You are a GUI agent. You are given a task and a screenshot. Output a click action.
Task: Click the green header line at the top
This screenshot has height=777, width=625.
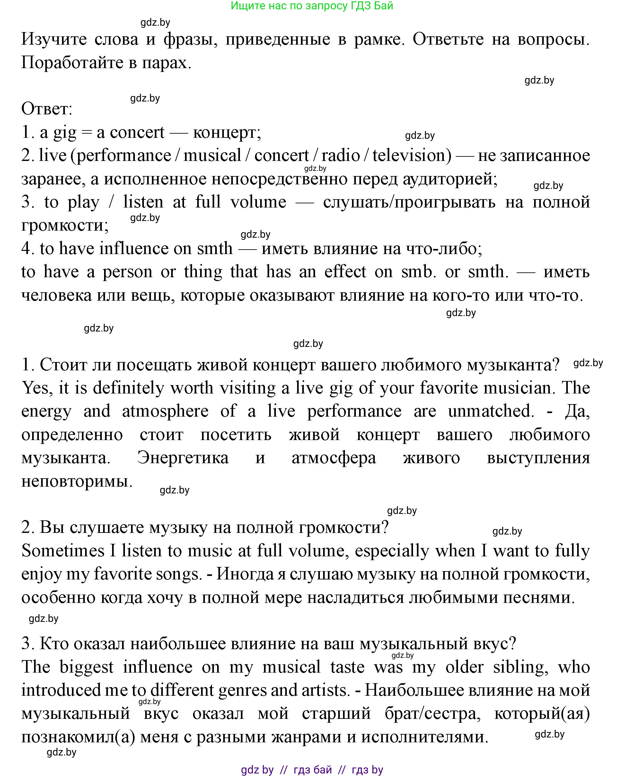[x=312, y=6]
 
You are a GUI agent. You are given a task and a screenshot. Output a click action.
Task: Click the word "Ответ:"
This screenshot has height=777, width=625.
[x=47, y=109]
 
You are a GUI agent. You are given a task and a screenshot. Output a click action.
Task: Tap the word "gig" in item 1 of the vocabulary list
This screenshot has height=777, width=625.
[x=65, y=133]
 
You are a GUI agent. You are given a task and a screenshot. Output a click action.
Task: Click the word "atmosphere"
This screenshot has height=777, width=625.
[x=165, y=411]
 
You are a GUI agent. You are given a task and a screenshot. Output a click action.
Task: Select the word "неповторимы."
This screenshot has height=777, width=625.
[x=77, y=481]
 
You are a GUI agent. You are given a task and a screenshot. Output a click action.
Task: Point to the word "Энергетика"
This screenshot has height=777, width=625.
[x=183, y=458]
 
